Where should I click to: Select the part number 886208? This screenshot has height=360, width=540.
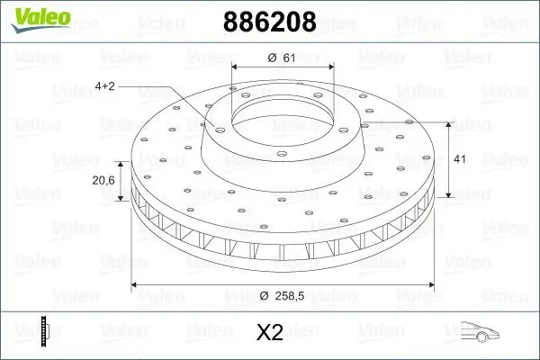pyautogui.click(x=268, y=22)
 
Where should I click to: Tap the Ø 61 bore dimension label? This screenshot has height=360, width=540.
pyautogui.click(x=282, y=58)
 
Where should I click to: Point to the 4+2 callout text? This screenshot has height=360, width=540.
pyautogui.click(x=105, y=85)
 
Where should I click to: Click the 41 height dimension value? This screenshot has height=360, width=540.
pyautogui.click(x=458, y=158)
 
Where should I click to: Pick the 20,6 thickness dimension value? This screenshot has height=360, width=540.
pyautogui.click(x=103, y=180)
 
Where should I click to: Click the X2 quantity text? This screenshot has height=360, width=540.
pyautogui.click(x=270, y=333)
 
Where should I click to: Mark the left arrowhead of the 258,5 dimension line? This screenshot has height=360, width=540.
pyautogui.click(x=137, y=284)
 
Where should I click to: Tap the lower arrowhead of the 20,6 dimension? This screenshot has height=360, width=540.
pyautogui.click(x=122, y=200)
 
